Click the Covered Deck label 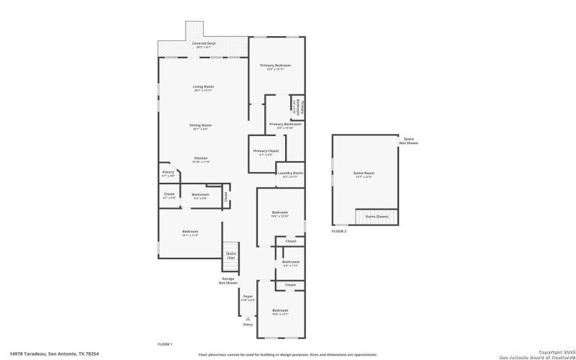204,43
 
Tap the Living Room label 204,87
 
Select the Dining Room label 201,125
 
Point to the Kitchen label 201,158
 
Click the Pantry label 168,172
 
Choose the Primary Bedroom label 276,66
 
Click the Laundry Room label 290,173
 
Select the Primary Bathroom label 285,125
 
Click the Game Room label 364,173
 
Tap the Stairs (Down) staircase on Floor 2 376,216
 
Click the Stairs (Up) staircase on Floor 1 231,255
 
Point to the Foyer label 248,295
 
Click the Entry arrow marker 248,318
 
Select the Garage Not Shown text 228,280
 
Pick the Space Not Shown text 409,140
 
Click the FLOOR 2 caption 339,231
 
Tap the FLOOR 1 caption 166,344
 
